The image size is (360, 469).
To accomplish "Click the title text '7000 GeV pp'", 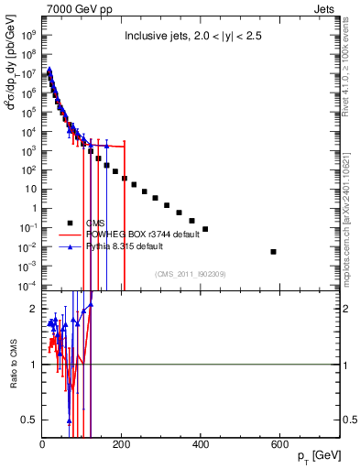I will click(x=74, y=8).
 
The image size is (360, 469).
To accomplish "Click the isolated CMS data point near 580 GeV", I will click(x=273, y=252).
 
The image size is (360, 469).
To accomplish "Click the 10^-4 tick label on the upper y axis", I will click(x=27, y=286).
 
